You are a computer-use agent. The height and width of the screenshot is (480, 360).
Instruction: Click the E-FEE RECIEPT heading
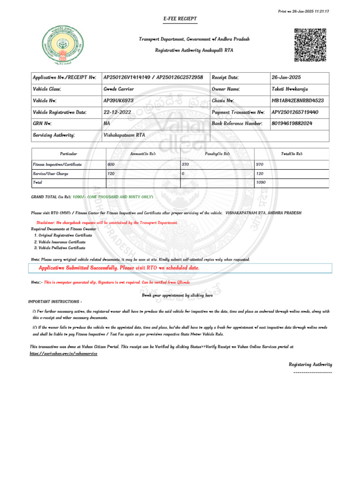(180, 19)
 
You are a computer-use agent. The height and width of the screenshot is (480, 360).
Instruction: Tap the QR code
(310, 45)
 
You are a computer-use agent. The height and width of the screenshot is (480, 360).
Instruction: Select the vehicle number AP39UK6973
(119, 101)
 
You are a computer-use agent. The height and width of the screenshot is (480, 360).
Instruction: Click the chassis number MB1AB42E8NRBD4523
(298, 101)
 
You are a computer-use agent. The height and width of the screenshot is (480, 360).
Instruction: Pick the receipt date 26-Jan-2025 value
(286, 77)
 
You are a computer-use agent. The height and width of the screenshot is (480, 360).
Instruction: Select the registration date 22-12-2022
(117, 112)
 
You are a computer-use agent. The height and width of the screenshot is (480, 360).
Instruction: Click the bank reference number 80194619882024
(292, 123)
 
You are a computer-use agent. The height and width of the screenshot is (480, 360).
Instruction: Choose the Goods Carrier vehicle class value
(119, 89)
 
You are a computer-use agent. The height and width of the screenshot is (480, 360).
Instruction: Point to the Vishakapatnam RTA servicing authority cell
(124, 135)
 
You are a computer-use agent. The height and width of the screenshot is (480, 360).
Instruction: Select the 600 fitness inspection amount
(111, 165)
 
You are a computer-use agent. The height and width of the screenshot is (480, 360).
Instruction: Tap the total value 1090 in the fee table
(261, 182)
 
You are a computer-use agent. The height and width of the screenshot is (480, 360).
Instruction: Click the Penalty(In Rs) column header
(217, 154)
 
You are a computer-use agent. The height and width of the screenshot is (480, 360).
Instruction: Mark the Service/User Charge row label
(51, 173)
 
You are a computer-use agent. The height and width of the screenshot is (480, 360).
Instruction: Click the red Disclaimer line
(107, 223)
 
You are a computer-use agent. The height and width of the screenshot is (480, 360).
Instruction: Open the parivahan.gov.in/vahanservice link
(63, 353)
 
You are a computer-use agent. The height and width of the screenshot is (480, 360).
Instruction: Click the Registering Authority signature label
(310, 364)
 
